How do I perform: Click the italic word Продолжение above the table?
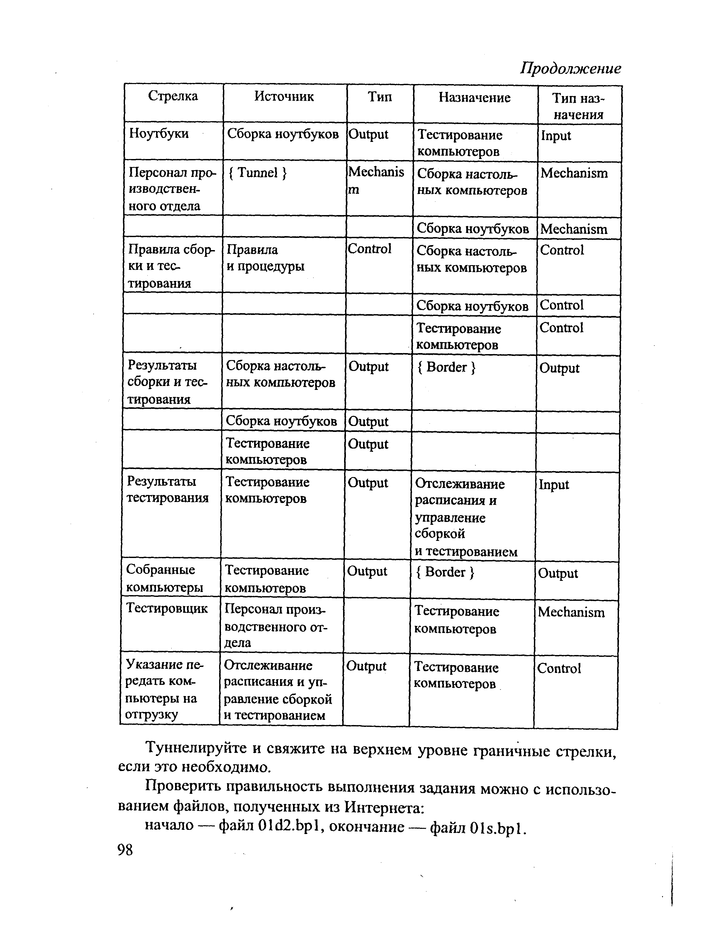click(570, 68)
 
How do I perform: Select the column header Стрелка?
click(173, 97)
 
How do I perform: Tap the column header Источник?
click(284, 97)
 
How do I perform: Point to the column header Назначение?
click(475, 98)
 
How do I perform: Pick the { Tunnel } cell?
click(257, 173)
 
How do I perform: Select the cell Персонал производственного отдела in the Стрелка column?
click(171, 189)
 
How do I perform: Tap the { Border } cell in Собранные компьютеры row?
click(445, 572)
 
